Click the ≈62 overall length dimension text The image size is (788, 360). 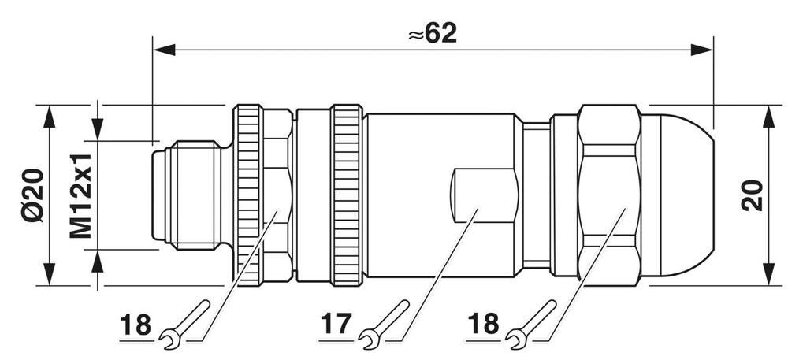(433, 32)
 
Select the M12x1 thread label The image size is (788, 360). (80, 195)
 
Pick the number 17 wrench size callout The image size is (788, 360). (334, 323)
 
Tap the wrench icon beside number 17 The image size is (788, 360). (381, 324)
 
